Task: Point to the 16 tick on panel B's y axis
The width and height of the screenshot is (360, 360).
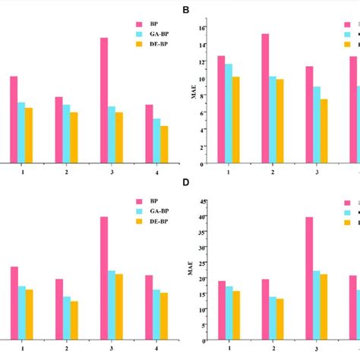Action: tap(202, 28)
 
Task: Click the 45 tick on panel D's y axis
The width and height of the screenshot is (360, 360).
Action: tap(202, 201)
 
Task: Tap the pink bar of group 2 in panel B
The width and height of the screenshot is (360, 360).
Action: tap(265, 98)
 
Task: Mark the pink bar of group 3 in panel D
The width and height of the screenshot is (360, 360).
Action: tap(309, 278)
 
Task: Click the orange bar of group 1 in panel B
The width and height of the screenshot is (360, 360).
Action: tap(236, 120)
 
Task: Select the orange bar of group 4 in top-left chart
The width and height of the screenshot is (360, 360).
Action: tap(164, 144)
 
